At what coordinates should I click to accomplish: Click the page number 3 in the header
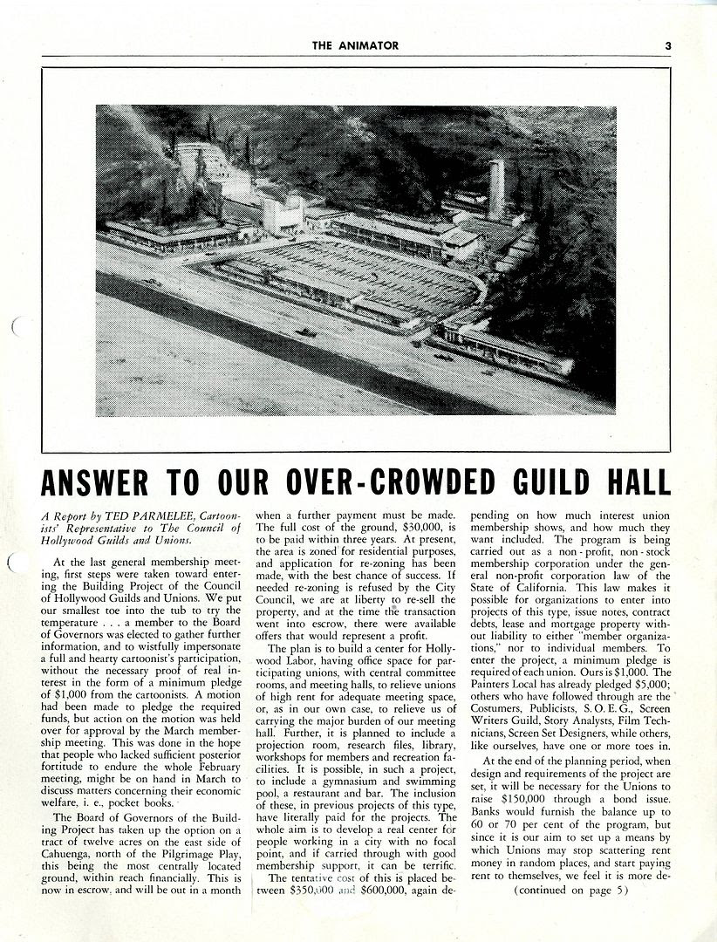(x=667, y=46)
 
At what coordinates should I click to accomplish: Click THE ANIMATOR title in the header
(x=356, y=46)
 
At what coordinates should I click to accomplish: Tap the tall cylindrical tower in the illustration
(x=496, y=189)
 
